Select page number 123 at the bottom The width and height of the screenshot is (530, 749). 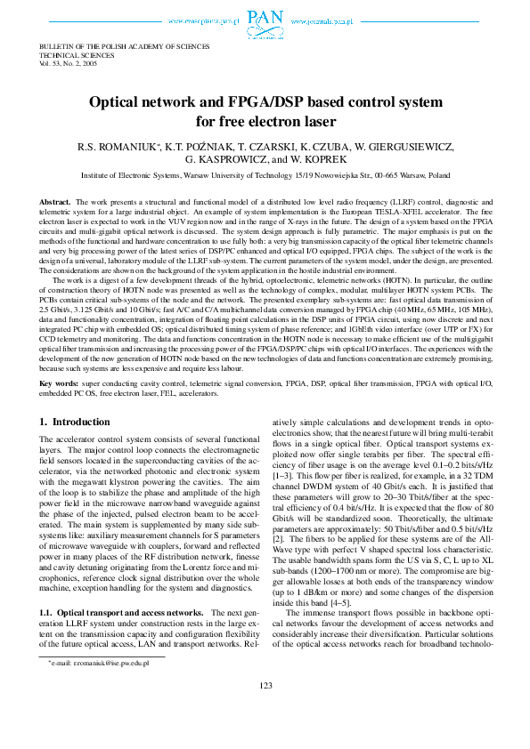[265, 733]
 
